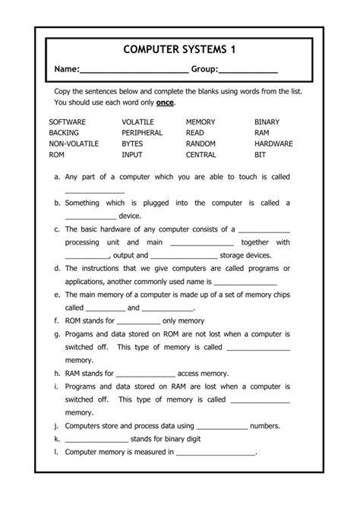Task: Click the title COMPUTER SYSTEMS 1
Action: [x=179, y=49]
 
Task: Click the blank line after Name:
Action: [x=134, y=71]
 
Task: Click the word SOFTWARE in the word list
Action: [x=68, y=121]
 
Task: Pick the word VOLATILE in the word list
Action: [x=137, y=121]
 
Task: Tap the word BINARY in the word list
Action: [x=267, y=121]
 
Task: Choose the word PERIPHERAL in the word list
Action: [x=142, y=132]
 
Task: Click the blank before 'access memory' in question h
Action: [x=146, y=374]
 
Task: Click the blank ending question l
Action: [x=216, y=453]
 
